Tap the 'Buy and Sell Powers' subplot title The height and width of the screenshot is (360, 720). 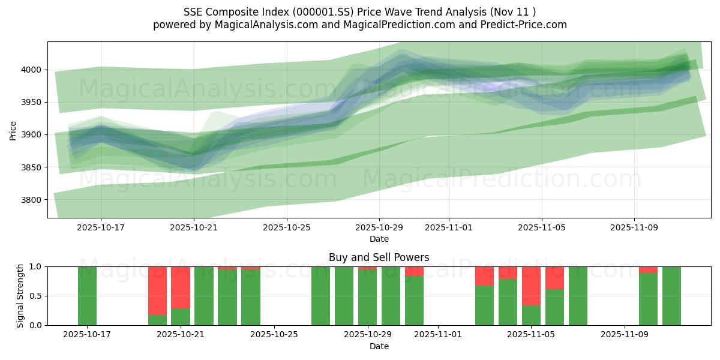point(379,257)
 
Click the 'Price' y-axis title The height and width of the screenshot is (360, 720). point(13,130)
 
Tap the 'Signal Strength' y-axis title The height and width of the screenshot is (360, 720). point(20,295)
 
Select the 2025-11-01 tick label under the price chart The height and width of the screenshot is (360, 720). point(449,228)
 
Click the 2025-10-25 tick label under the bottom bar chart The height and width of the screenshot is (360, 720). point(274,335)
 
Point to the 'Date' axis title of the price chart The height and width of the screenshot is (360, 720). point(379,239)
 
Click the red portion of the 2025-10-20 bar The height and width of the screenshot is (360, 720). point(157,290)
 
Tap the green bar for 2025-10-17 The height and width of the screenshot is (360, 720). point(87,296)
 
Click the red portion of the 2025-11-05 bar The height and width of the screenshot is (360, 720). point(531,286)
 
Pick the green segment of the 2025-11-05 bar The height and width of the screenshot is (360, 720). point(531,315)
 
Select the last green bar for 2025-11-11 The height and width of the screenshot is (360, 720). point(671,296)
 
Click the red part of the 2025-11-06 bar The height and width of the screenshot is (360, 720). point(554,278)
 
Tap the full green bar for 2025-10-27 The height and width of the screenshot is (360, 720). point(321,296)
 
